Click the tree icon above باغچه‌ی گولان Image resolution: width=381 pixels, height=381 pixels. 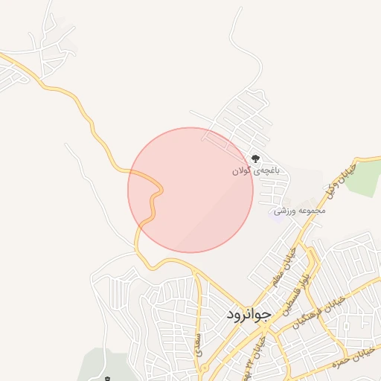(255, 159)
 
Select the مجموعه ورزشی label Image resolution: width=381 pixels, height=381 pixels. (300, 211)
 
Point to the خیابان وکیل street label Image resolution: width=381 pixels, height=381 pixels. (340, 182)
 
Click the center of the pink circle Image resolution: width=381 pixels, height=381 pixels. (190, 190)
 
